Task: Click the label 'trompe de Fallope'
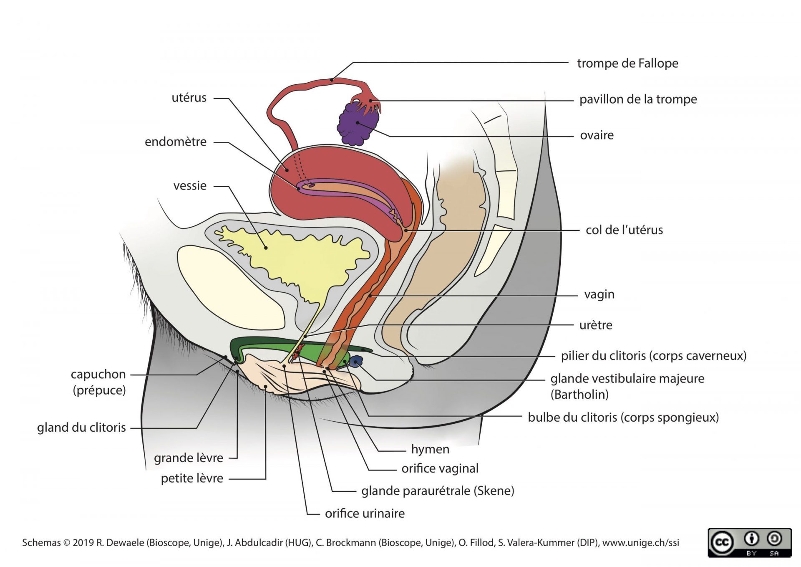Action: click(627, 63)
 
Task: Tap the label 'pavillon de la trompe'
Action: click(638, 99)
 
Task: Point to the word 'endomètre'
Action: click(176, 142)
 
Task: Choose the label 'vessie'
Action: click(190, 186)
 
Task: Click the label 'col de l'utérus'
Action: click(624, 230)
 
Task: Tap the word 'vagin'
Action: click(599, 294)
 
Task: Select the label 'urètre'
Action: click(596, 325)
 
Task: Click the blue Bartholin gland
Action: click(357, 361)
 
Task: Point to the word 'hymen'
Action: click(430, 449)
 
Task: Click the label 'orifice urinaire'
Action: click(365, 513)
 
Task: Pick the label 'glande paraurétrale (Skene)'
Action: click(438, 491)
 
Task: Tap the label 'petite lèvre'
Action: click(192, 478)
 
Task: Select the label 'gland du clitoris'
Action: click(81, 428)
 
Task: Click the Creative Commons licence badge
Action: click(749, 542)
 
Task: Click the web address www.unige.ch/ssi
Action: click(640, 543)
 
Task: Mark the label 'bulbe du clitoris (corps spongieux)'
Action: click(623, 418)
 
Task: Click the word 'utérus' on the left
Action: click(189, 98)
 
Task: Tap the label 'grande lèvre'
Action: click(189, 458)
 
